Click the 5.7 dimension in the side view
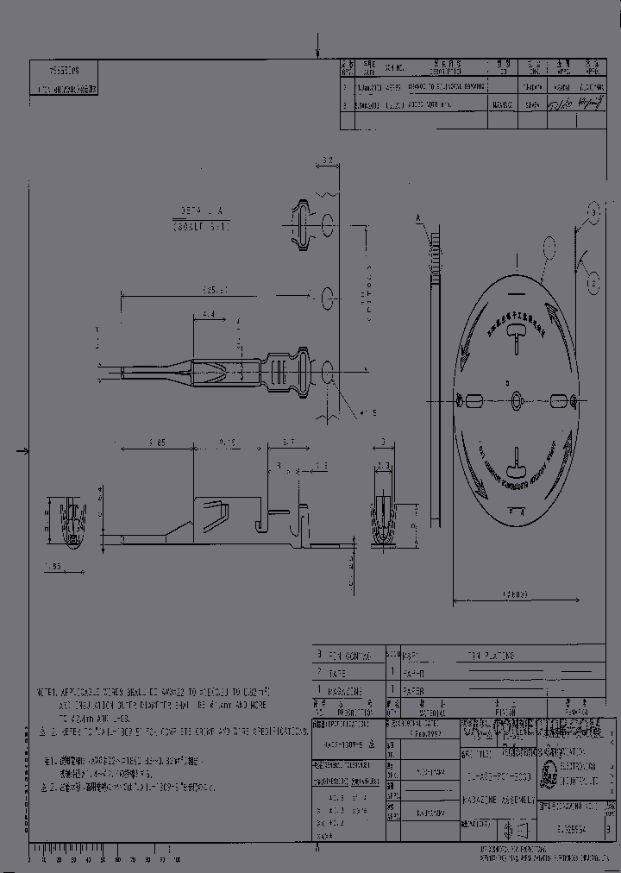[288, 442]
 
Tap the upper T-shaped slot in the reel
[516, 342]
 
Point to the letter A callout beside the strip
[422, 219]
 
